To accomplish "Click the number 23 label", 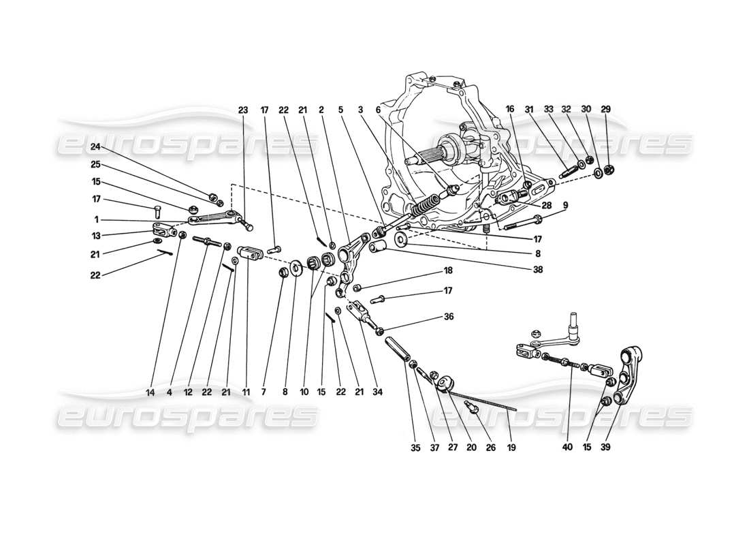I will [244, 110].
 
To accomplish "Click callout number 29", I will [607, 110].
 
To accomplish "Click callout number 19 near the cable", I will [511, 448].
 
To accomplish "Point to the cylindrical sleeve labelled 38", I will [379, 247].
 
